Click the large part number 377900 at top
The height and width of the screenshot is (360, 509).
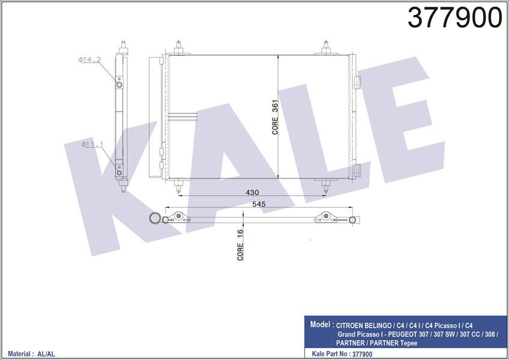point(454,18)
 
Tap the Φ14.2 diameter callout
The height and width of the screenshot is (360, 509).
point(89,59)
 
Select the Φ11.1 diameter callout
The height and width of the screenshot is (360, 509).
point(92,144)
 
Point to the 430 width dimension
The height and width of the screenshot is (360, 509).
point(252,192)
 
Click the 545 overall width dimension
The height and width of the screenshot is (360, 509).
point(259,204)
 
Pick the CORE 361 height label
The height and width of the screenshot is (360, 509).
point(275,117)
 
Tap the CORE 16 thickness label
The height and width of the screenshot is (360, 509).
point(240,245)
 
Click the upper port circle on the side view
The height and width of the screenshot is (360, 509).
point(119,85)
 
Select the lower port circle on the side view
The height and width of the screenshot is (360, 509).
point(119,172)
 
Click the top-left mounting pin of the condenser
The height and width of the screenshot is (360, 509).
point(178,47)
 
